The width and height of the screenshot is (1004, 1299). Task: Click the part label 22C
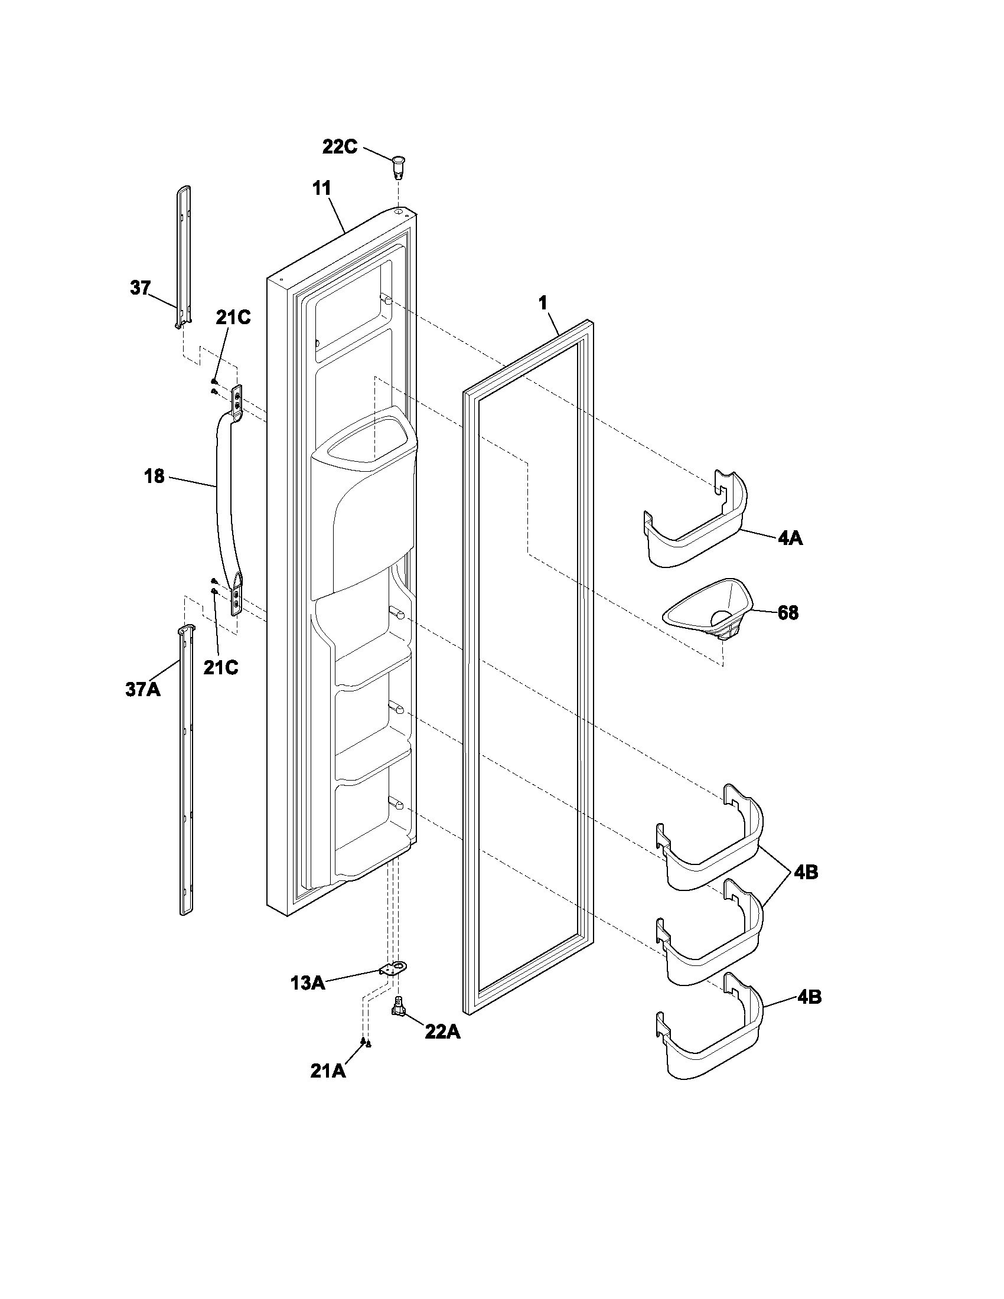pyautogui.click(x=340, y=147)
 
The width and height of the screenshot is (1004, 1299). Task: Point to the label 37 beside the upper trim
pyautogui.click(x=140, y=289)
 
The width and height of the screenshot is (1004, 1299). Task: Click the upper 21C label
pyautogui.click(x=233, y=318)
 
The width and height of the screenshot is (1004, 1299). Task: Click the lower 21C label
pyautogui.click(x=221, y=668)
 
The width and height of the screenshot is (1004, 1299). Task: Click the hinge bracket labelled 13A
pyautogui.click(x=391, y=969)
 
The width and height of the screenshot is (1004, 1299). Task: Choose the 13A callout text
pyautogui.click(x=308, y=983)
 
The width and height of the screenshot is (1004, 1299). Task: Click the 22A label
pyautogui.click(x=442, y=1032)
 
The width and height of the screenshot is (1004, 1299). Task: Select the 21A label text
pyautogui.click(x=327, y=1070)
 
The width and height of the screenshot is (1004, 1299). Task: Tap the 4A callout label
pyautogui.click(x=789, y=539)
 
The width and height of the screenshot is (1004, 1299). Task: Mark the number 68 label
pyautogui.click(x=787, y=613)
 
